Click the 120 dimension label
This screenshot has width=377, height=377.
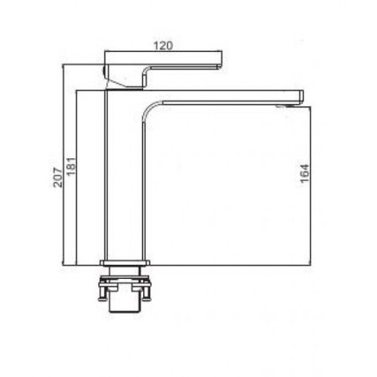point(163,45)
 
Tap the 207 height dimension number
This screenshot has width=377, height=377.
point(58,177)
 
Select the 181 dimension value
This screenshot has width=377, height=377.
point(71,167)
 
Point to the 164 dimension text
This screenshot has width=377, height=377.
point(305,173)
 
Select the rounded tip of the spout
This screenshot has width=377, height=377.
point(302,97)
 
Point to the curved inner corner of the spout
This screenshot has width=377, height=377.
point(151,108)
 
